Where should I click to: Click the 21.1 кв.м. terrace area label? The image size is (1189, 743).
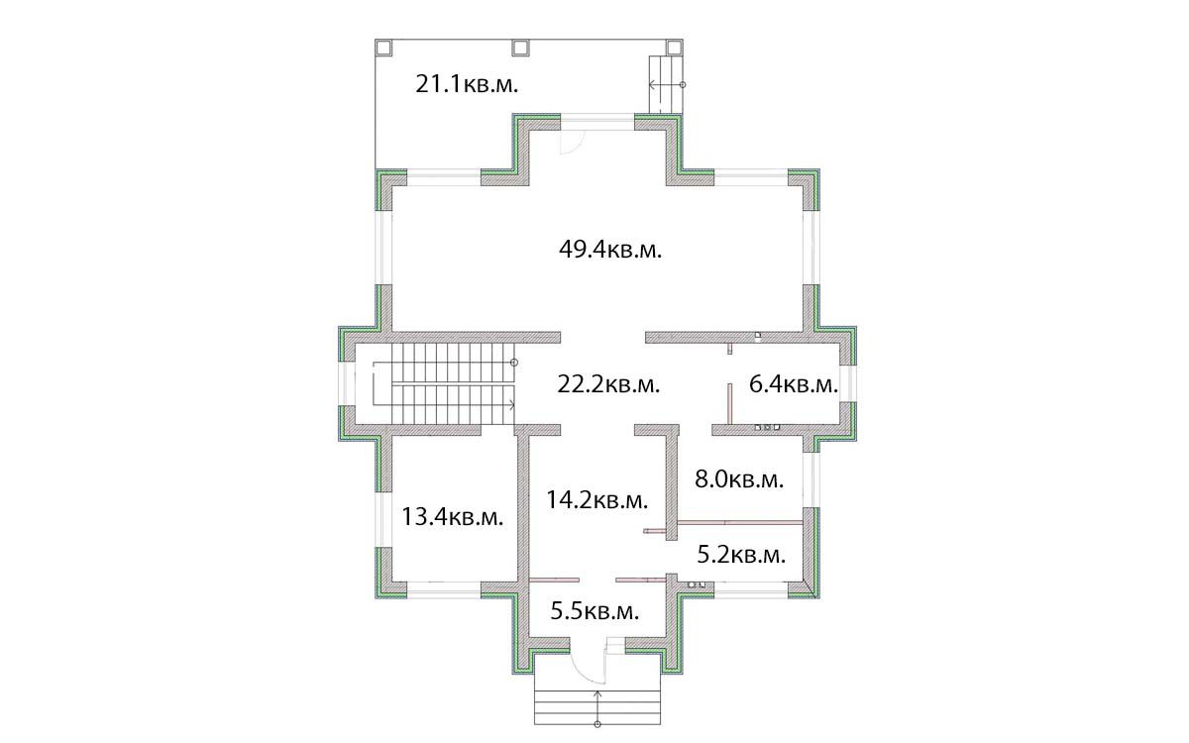tap(467, 84)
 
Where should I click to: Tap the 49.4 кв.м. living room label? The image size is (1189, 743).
tap(610, 250)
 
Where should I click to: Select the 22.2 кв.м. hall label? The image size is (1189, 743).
tap(608, 384)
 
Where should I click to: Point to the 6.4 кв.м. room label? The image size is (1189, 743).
tap(794, 384)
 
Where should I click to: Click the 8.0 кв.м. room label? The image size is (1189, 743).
tap(739, 479)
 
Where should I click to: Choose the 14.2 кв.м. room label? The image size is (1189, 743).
tap(597, 500)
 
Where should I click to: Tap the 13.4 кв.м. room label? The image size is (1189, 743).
tap(452, 517)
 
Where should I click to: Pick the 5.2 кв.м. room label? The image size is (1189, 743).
tap(741, 555)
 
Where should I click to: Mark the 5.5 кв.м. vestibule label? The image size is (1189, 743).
tap(594, 611)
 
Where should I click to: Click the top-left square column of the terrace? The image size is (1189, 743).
tap(383, 48)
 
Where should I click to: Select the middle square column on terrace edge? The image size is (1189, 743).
tap(521, 48)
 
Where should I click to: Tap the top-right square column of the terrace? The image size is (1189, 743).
tap(674, 48)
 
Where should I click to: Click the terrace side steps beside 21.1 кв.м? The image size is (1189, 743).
tap(666, 84)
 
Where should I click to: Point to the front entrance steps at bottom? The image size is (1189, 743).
tap(597, 699)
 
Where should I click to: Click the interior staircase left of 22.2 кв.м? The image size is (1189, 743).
tap(444, 383)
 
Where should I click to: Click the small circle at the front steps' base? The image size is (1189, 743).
tap(597, 724)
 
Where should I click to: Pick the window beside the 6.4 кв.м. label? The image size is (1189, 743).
tap(848, 383)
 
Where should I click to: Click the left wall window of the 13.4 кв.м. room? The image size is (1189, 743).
tap(383, 519)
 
